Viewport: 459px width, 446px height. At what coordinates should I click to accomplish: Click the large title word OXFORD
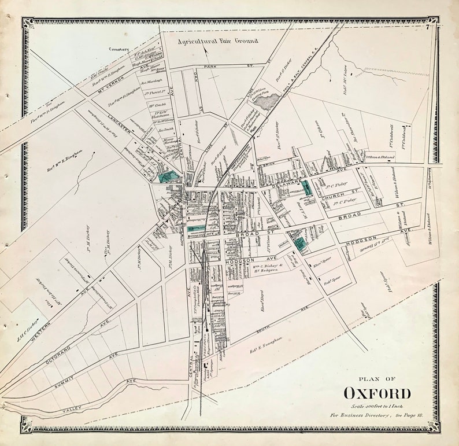pos(377,393)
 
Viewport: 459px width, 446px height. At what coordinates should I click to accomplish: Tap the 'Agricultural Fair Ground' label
pos(218,41)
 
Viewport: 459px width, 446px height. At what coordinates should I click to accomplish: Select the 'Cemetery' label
pos(120,49)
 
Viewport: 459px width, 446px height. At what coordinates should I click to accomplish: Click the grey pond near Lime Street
pos(265,102)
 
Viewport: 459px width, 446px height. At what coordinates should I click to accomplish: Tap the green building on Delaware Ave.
pos(306,188)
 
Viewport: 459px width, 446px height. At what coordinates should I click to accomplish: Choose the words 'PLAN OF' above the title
pos(377,379)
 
